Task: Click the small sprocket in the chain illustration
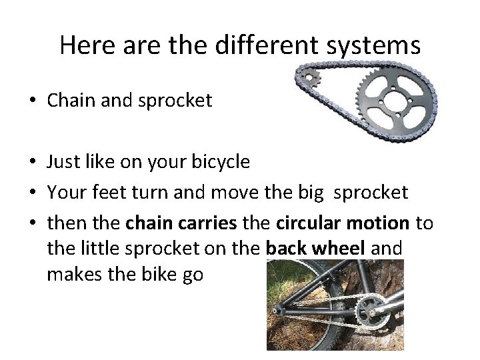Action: point(309,78)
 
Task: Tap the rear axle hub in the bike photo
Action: point(275,311)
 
